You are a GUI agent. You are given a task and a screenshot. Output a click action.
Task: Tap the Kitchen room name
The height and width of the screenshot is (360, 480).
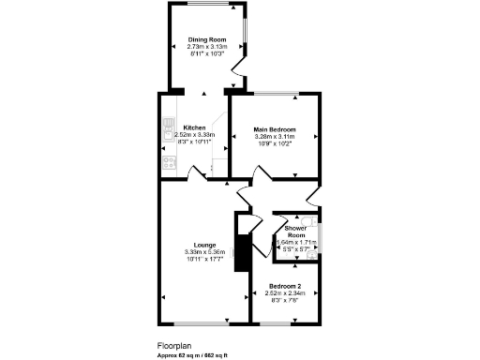[x=194, y=127]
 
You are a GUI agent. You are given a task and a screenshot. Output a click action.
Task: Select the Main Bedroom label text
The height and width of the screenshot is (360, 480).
[x=275, y=128]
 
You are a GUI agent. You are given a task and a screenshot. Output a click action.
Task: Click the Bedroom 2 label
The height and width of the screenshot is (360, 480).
[x=284, y=285]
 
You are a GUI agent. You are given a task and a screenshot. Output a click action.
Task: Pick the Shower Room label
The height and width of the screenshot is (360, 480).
[x=296, y=231]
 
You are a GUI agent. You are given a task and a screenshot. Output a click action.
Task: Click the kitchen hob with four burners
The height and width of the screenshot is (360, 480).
[x=170, y=161]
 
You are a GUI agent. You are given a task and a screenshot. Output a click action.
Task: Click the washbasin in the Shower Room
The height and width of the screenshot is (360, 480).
[x=319, y=232]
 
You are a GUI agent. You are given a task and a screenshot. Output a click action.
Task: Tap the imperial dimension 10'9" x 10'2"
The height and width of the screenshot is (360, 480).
[x=275, y=143]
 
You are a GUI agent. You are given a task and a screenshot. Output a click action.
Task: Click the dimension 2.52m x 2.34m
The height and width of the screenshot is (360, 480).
[x=284, y=292]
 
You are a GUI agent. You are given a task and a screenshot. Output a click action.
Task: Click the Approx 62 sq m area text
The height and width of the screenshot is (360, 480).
[x=192, y=355]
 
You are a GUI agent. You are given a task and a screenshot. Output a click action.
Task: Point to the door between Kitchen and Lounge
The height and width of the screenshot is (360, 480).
[x=200, y=175]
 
